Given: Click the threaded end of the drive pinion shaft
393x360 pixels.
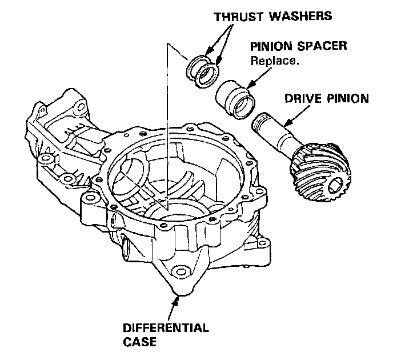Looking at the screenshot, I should (264, 122).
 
